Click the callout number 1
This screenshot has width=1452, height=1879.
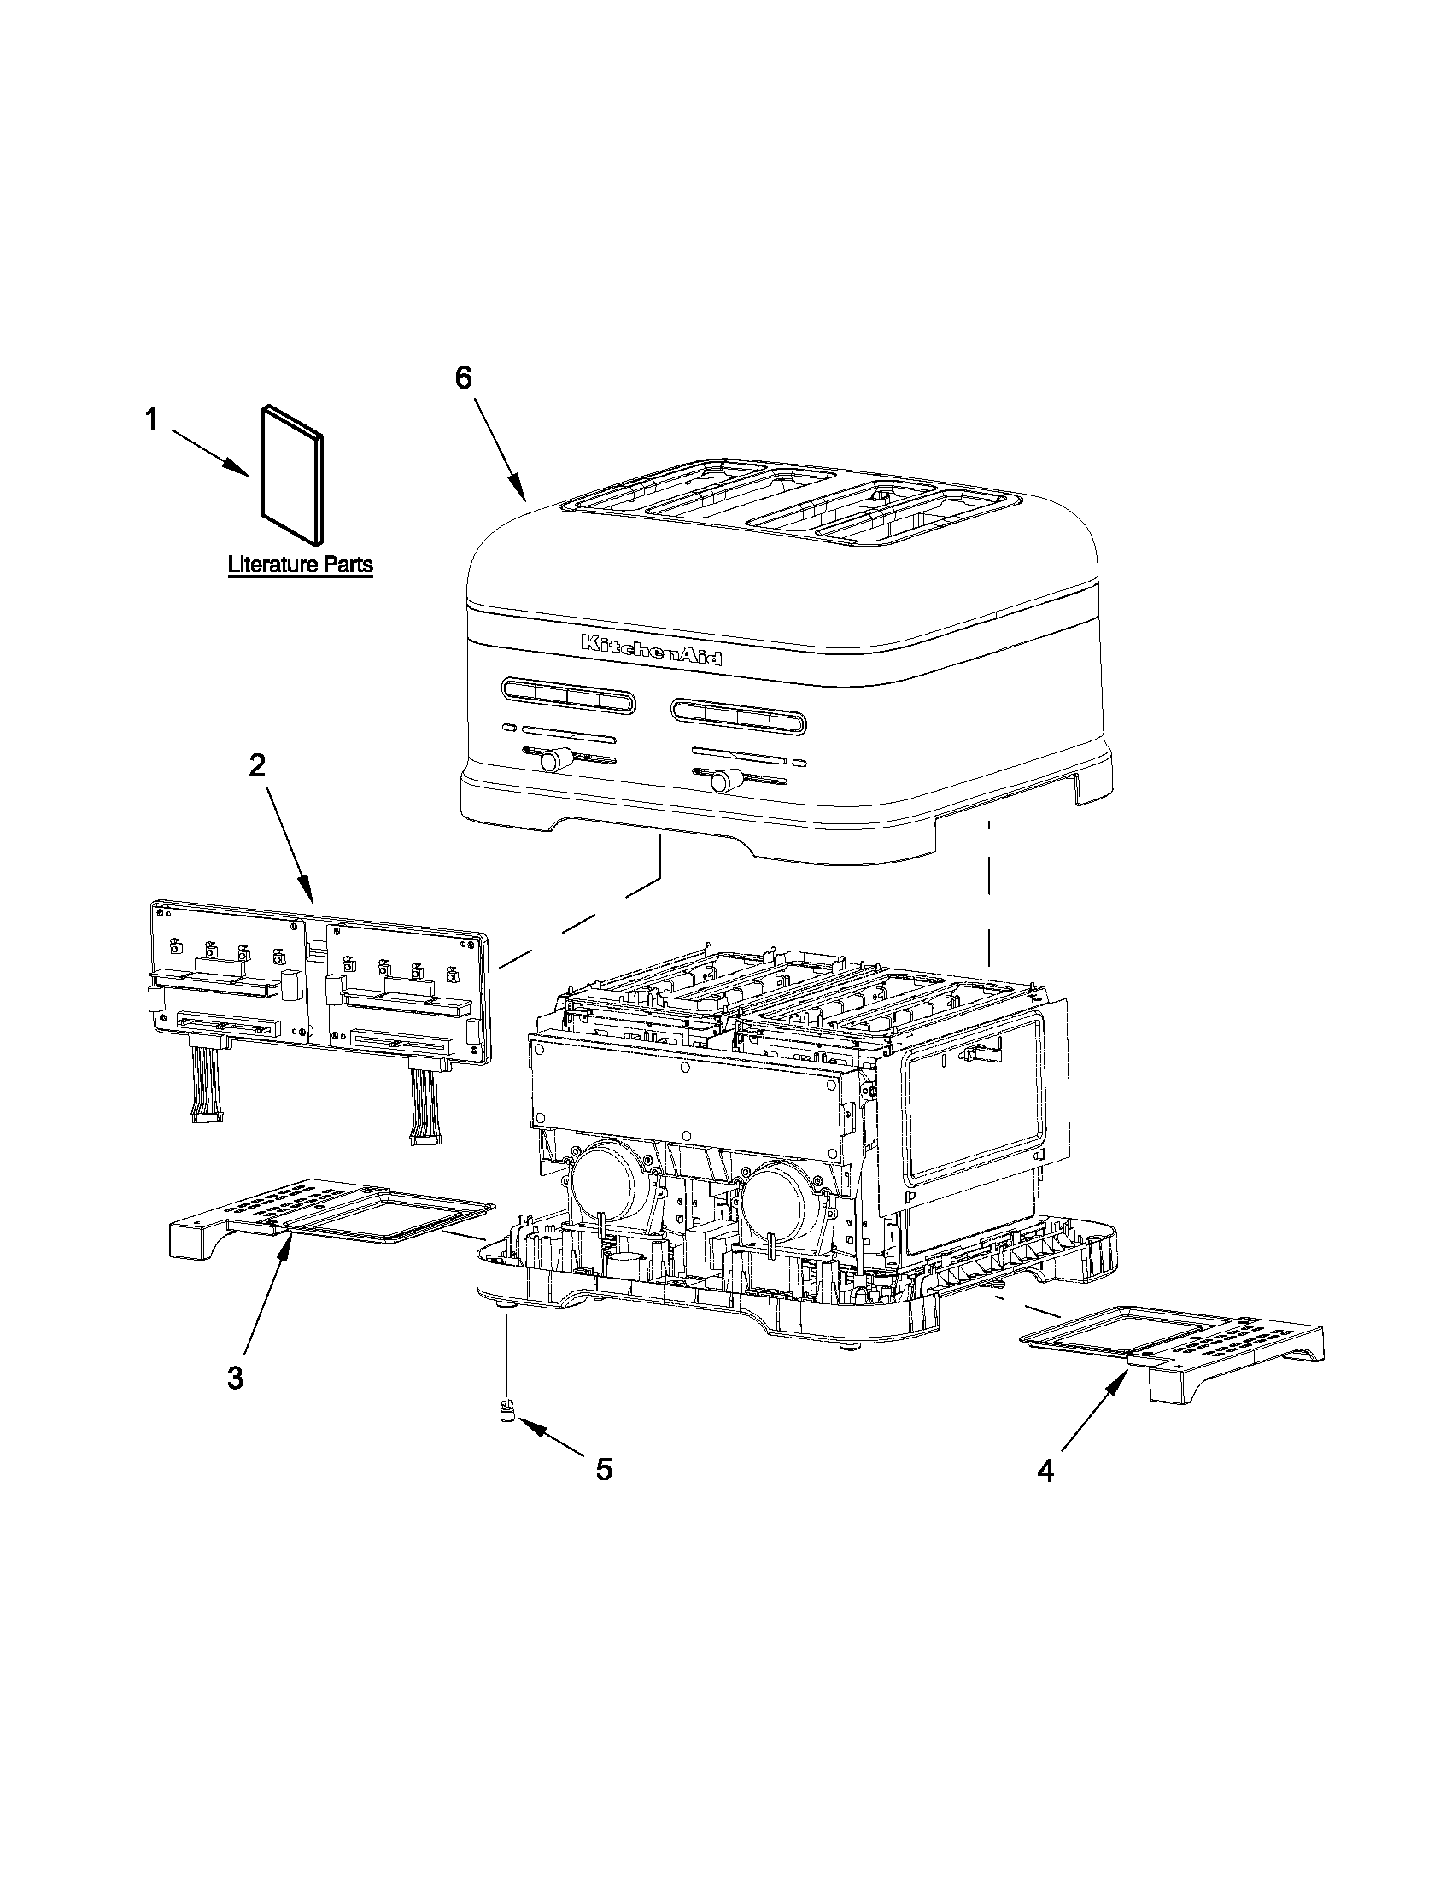[x=151, y=421]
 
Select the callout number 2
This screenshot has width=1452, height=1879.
[x=256, y=765]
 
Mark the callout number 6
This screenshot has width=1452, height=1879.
[x=464, y=378]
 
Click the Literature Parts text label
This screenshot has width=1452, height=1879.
[x=300, y=565]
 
